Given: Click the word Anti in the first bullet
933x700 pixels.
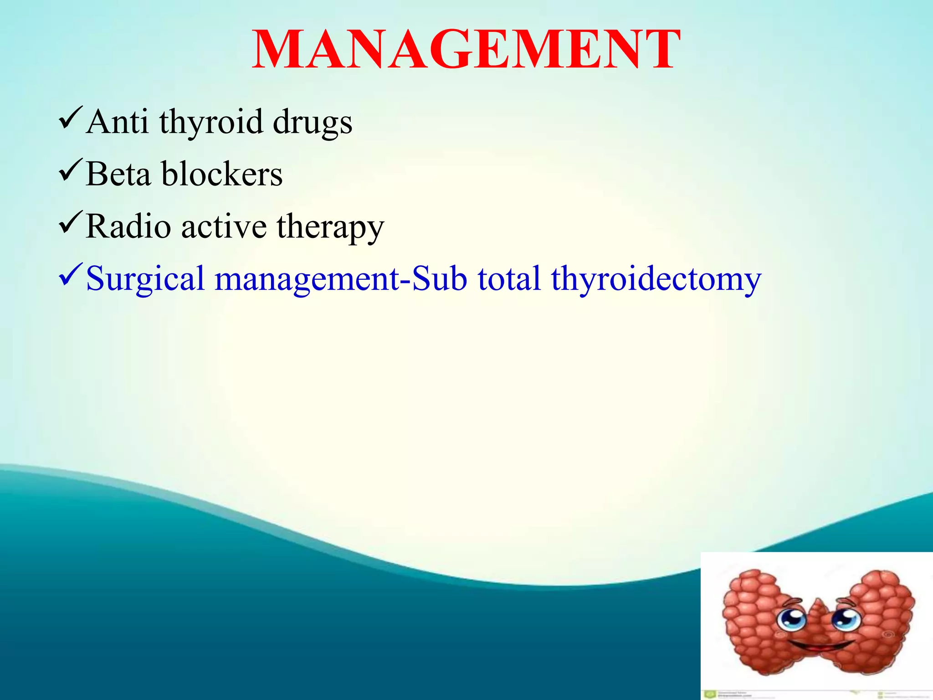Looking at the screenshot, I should [x=117, y=122].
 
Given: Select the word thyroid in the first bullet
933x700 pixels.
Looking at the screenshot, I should [x=211, y=122].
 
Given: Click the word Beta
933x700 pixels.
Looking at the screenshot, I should [x=118, y=174].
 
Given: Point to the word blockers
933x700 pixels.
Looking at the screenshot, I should [x=222, y=174].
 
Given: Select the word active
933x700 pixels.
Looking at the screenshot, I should [x=224, y=226].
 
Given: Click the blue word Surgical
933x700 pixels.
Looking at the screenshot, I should [x=145, y=279].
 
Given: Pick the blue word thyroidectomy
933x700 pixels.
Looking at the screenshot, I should [x=656, y=279].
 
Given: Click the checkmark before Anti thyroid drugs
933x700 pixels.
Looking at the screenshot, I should [x=70, y=118].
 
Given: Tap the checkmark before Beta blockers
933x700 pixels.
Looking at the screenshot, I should [x=70, y=170].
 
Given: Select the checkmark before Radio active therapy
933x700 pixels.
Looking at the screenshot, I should [x=70, y=222].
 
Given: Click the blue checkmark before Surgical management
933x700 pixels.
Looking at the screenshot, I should [x=70, y=274].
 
